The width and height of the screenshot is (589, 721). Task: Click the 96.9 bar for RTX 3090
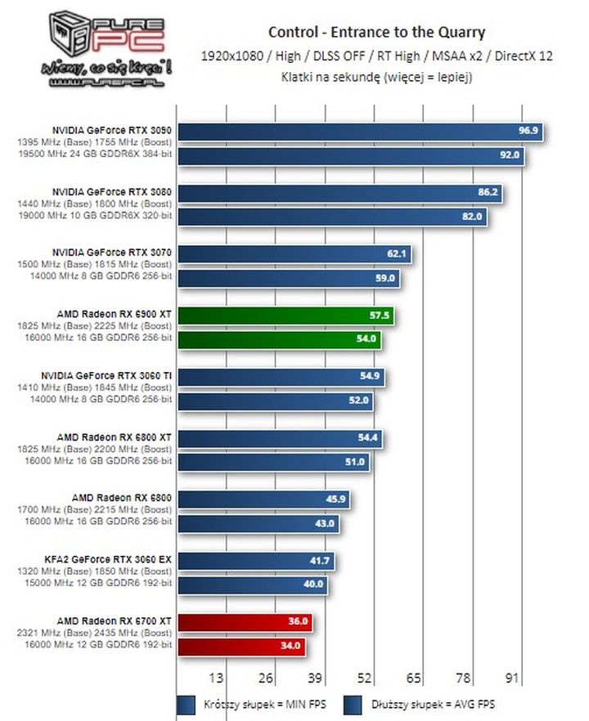(361, 131)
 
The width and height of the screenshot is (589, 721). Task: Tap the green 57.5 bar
(286, 315)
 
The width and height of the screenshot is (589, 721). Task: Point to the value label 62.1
(397, 253)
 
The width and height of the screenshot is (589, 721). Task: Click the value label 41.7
(320, 560)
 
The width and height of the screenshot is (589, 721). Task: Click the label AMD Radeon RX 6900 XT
(115, 313)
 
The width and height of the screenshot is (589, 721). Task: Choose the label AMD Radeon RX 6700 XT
(115, 620)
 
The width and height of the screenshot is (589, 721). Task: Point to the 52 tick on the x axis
(365, 678)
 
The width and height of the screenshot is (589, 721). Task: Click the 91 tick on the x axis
(513, 678)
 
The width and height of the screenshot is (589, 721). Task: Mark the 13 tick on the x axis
(217, 678)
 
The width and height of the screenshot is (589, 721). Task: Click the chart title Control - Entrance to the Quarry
(376, 33)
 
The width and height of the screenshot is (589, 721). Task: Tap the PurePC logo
(109, 49)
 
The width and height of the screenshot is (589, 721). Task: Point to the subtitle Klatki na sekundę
(376, 78)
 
